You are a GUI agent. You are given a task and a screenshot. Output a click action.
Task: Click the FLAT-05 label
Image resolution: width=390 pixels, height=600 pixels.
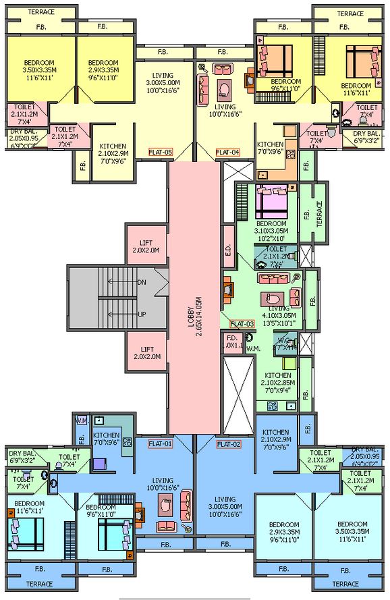161,153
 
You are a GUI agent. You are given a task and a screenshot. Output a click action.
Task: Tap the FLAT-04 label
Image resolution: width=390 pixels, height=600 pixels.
228,153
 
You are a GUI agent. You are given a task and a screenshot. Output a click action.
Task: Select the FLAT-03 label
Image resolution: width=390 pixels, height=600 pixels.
241,324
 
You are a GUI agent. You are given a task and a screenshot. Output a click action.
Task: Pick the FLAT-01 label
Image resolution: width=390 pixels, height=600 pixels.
161,443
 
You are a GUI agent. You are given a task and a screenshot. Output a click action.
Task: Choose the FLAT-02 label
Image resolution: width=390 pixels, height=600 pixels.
228,443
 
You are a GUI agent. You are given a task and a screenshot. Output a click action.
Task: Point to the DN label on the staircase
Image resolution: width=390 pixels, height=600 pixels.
142,281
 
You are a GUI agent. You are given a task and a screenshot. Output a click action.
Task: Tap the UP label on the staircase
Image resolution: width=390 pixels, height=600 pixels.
142,315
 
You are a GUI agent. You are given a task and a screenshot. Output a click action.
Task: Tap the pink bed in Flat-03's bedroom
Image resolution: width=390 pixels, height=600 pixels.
273,200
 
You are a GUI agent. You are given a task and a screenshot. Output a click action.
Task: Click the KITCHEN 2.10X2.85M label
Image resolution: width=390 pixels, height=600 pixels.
277,379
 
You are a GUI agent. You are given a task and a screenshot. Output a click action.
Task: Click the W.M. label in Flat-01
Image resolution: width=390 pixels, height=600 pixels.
82,420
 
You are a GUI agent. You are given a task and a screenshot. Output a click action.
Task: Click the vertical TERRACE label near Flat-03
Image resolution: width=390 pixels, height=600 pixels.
320,213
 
